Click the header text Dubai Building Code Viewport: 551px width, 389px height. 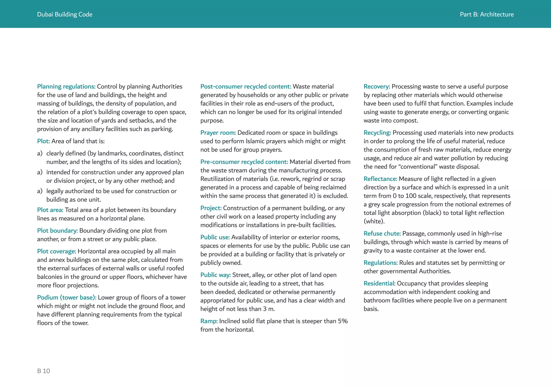pos(65,15)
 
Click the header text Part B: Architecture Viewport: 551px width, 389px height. pos(486,15)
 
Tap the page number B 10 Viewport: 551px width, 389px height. pos(44,371)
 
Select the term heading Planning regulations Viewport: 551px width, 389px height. pos(66,87)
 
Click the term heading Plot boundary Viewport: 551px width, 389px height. pos(57,230)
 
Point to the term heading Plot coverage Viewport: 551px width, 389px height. pos(56,251)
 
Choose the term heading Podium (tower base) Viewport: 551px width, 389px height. pos(66,297)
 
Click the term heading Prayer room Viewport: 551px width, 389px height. pos(218,133)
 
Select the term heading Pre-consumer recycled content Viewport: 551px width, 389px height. pos(244,162)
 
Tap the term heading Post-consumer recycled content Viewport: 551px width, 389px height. pos(246,87)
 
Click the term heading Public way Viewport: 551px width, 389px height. pos(216,275)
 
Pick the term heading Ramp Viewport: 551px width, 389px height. pos(209,321)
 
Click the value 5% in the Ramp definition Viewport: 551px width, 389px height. pos(342,321)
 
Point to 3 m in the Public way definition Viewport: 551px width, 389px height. pos(269,309)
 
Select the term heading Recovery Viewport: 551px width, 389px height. pos(377,87)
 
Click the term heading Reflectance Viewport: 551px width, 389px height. pos(380,179)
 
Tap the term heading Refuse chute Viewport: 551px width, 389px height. pos(382,233)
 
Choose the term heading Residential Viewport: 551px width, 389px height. pos(379,283)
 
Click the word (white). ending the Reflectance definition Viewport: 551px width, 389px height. pos(374,221)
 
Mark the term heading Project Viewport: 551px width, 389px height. pos(211,208)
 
